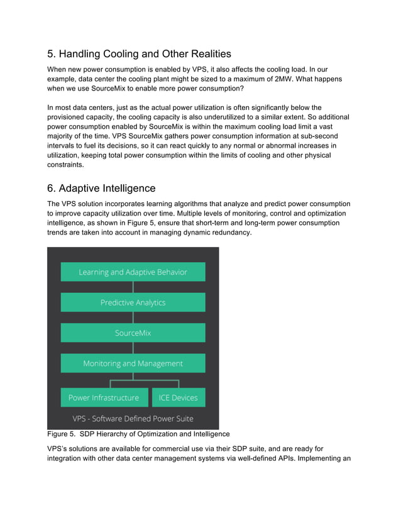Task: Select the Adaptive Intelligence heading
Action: (x=101, y=188)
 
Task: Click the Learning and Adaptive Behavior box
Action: (x=133, y=272)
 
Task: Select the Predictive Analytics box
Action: (x=133, y=302)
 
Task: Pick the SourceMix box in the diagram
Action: (x=133, y=332)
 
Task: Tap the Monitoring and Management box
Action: (x=133, y=363)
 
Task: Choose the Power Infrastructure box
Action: (x=104, y=397)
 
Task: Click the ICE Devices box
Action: (x=179, y=397)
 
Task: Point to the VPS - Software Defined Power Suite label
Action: (x=133, y=418)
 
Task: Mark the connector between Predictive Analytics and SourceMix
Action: (x=133, y=317)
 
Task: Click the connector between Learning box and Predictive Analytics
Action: (x=133, y=287)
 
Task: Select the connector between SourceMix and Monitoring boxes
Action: (x=133, y=348)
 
